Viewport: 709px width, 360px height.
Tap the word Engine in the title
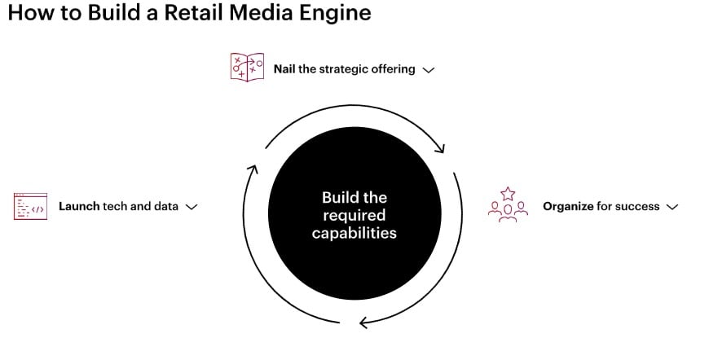pyautogui.click(x=333, y=13)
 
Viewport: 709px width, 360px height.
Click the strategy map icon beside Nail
pyautogui.click(x=247, y=68)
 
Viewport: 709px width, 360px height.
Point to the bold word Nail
pyautogui.click(x=284, y=69)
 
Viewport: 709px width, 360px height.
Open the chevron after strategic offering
pyautogui.click(x=428, y=70)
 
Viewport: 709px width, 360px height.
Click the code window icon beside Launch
pyautogui.click(x=30, y=206)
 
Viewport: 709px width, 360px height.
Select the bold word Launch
pyautogui.click(x=79, y=206)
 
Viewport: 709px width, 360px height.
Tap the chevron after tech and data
pyautogui.click(x=192, y=207)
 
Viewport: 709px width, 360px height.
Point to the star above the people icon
pyautogui.click(x=508, y=194)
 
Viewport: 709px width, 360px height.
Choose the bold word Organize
pyautogui.click(x=568, y=206)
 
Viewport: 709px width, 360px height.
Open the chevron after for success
pyautogui.click(x=672, y=207)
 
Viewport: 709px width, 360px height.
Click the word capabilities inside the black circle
pyautogui.click(x=354, y=233)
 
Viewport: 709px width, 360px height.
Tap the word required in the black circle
pyautogui.click(x=354, y=215)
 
